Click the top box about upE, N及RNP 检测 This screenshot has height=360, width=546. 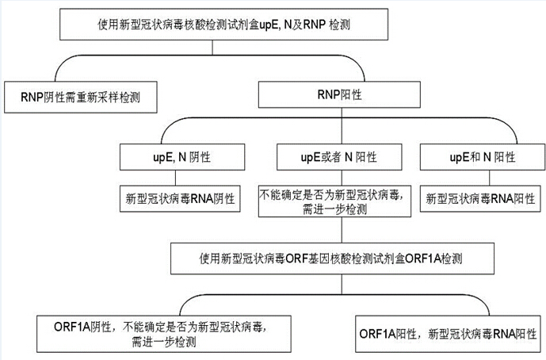coord(223,25)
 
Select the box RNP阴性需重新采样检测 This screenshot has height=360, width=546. coord(81,98)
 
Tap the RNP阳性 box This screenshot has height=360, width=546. coord(339,94)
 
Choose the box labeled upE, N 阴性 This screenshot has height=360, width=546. coord(182,157)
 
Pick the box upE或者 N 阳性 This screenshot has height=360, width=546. coord(339,157)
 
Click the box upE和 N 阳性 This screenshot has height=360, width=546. coord(483,157)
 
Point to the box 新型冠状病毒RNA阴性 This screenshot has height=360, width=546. coord(180,199)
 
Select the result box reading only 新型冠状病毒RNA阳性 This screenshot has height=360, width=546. coord(480,199)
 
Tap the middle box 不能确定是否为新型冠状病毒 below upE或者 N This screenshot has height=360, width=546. coord(334,201)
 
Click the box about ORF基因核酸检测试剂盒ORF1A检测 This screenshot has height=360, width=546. coord(332,259)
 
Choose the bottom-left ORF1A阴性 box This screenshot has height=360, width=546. coord(164,334)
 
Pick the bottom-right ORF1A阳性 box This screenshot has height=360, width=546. coord(448,334)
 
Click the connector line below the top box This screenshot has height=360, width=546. coord(212,48)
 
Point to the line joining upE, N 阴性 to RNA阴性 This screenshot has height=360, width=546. coord(175,178)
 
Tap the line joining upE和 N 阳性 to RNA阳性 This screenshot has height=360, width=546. coord(490,178)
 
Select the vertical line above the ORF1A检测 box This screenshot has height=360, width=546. coord(342,230)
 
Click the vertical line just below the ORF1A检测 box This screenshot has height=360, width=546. coord(342,285)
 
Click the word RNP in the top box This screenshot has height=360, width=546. coord(315,25)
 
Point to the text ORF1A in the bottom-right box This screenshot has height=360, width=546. coord(377,334)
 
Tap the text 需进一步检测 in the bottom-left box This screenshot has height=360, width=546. coord(164,342)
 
